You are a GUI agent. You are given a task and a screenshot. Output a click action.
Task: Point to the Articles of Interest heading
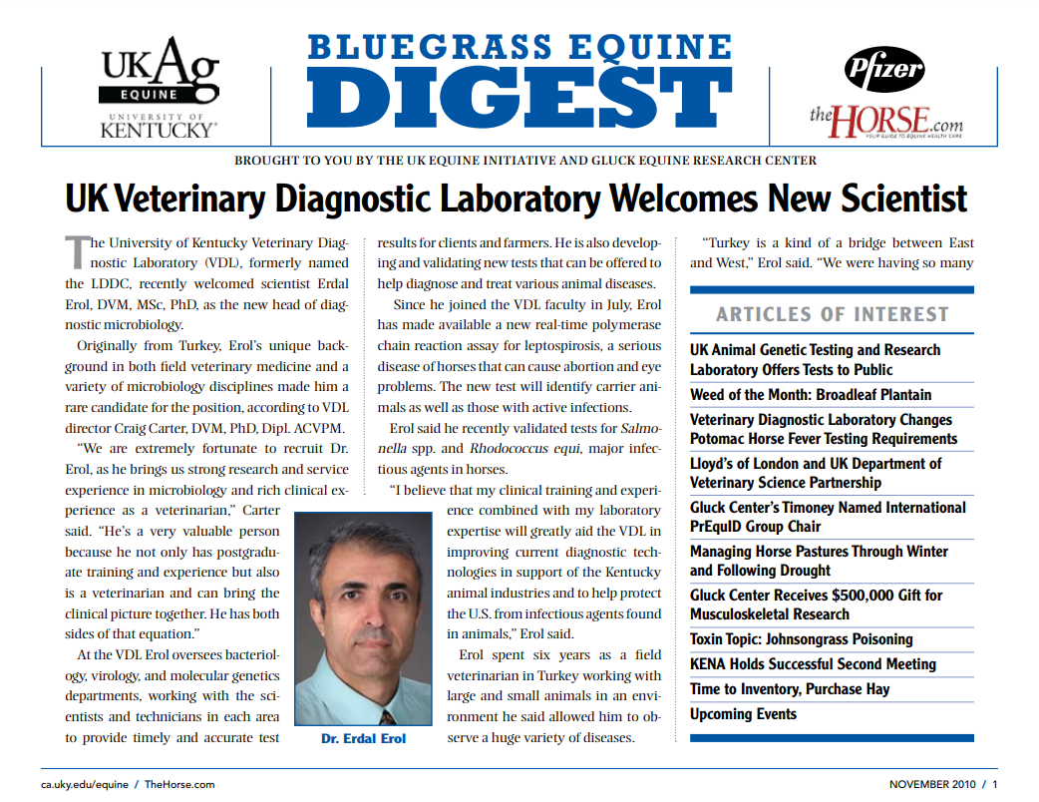[x=832, y=314]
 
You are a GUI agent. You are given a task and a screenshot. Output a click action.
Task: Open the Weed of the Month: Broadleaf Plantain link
[x=811, y=395]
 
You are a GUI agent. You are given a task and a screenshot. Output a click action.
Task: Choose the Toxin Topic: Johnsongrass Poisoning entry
[x=801, y=639]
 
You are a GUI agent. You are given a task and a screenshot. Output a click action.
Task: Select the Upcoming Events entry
[x=743, y=714]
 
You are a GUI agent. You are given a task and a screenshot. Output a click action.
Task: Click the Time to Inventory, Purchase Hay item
[x=790, y=689]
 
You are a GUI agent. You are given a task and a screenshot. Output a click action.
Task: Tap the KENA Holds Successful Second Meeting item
[x=813, y=664]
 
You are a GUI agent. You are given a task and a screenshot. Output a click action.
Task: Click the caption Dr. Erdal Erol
[x=363, y=739]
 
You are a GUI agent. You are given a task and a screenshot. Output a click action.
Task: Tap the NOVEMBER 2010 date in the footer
[x=933, y=785]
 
